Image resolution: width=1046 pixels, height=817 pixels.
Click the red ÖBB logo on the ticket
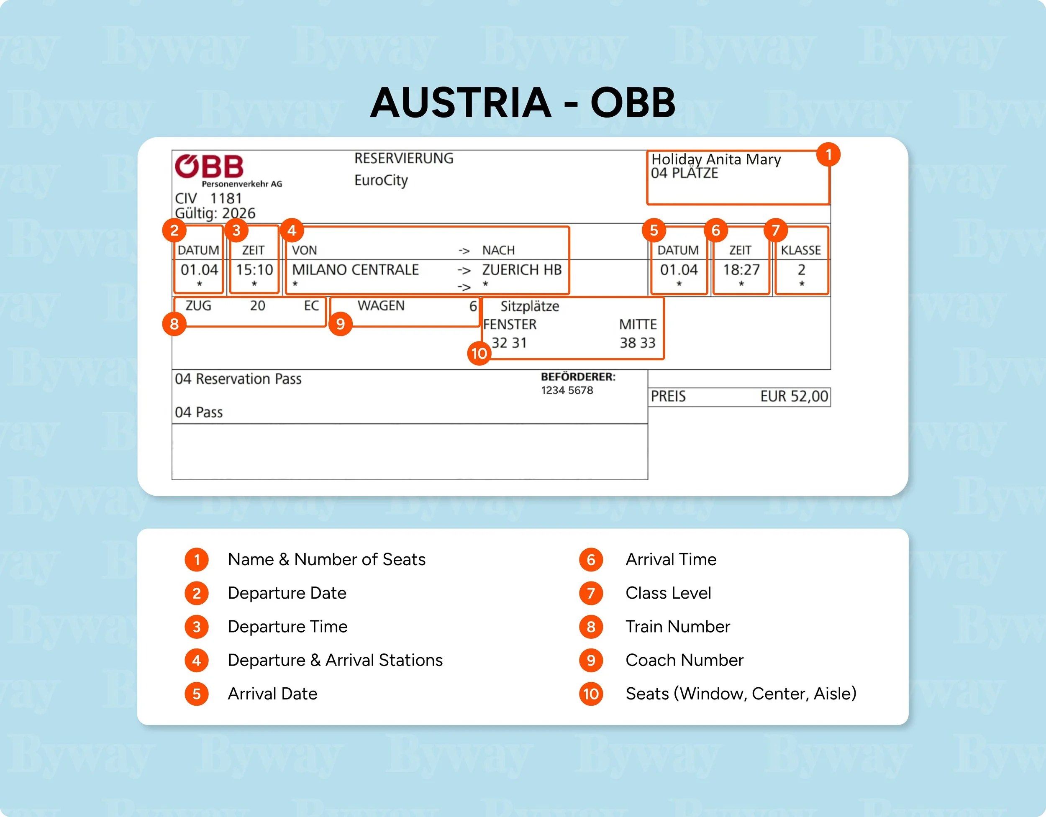[209, 166]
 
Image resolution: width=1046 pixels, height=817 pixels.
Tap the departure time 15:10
[254, 270]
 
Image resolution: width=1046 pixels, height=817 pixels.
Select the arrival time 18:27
[741, 270]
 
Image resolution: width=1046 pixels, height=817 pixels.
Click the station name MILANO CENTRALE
[355, 270]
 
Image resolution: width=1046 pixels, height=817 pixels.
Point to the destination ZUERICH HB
[522, 270]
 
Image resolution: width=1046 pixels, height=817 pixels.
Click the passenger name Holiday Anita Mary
[716, 159]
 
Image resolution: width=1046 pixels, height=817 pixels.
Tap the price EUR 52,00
[794, 396]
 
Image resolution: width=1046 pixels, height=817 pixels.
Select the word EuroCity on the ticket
[381, 181]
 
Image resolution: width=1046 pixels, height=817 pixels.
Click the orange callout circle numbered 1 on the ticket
[828, 154]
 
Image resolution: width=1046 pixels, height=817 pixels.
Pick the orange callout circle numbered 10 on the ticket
[479, 353]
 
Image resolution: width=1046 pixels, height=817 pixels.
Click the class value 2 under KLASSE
[801, 270]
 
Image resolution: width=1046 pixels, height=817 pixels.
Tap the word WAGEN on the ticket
[381, 305]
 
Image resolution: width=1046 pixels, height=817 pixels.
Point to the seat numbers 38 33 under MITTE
[638, 343]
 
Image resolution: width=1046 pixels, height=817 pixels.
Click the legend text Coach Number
[685, 660]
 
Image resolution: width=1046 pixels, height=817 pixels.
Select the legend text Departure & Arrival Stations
[335, 660]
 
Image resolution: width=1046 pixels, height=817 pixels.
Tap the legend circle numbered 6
[591, 559]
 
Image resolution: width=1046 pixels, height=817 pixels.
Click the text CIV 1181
[208, 198]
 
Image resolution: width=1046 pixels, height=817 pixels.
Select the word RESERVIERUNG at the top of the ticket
[404, 158]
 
